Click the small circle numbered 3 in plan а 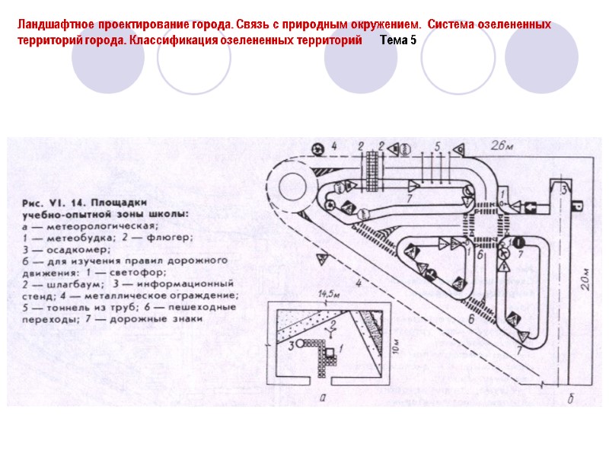click(x=302, y=345)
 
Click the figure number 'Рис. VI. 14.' click(x=53, y=203)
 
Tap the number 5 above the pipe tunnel click(x=436, y=144)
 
